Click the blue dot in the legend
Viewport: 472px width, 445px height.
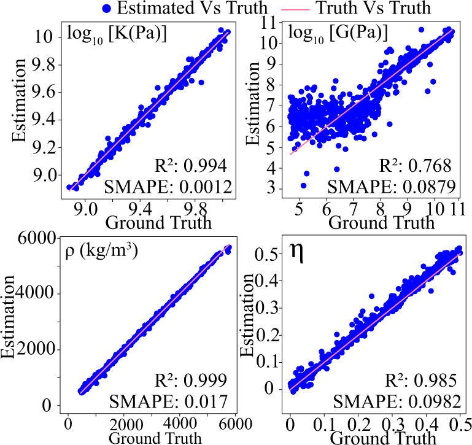point(108,9)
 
